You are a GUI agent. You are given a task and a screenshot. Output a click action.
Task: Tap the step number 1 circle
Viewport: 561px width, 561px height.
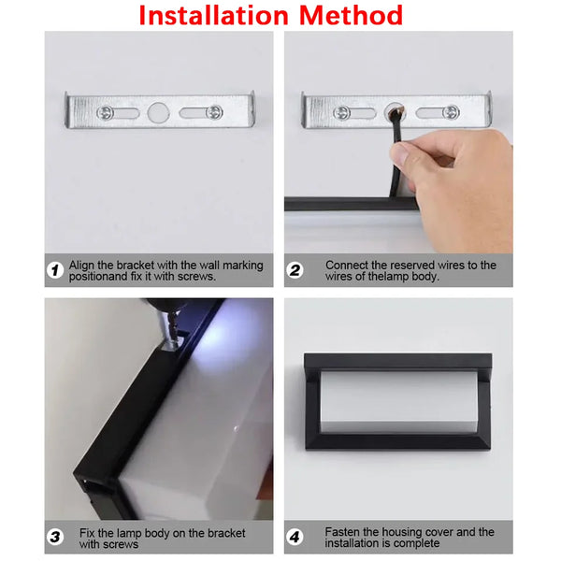(55, 271)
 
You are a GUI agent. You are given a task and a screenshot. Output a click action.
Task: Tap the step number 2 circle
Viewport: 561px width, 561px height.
(295, 271)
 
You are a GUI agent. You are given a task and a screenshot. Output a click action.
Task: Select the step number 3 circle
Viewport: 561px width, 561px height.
(55, 538)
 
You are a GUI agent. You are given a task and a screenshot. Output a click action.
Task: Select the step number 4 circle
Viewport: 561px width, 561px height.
(295, 538)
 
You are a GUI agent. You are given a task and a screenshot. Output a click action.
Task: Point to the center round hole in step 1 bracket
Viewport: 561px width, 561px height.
(156, 113)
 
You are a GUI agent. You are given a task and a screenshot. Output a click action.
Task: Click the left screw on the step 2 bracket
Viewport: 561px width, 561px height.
(345, 112)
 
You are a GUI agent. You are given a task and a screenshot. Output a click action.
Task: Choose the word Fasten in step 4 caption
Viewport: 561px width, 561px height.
(344, 532)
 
